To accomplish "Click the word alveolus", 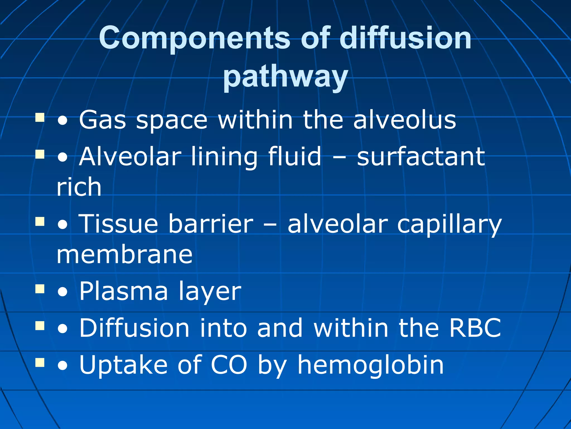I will [405, 120].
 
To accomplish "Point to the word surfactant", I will [421, 157].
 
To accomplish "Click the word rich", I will [79, 187].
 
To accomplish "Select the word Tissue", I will [119, 224].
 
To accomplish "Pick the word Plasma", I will [124, 291].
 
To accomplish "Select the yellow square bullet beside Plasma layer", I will [40, 289].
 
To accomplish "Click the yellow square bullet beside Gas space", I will [40, 118].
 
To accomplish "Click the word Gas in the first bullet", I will [102, 120].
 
